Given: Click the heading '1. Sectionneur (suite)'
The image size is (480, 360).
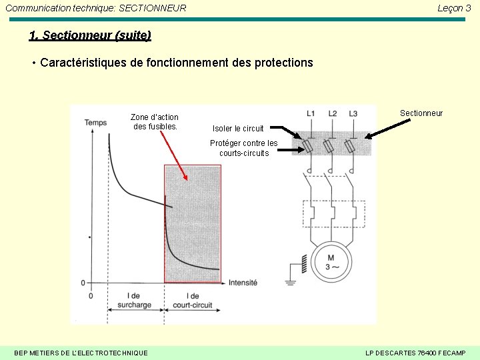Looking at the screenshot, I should coord(90,35).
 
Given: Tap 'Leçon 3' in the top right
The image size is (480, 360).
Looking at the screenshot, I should coord(454,8).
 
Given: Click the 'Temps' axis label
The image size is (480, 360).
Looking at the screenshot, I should coord(95,123).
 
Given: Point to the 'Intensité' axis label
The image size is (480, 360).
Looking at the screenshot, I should coord(243,283).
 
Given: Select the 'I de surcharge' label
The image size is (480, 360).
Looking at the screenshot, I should coord(133,301).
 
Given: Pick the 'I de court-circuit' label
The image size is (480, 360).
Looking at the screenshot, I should coord(192,301).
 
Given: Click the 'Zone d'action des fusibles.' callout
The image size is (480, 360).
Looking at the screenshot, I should coord(155,121).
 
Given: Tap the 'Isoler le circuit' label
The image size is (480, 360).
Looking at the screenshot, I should coord(238,129).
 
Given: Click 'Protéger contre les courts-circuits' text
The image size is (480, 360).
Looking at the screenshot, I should coord(243,148).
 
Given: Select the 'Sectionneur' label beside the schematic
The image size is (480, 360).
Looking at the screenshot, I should coord(421,113).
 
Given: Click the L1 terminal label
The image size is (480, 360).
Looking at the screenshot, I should coord(311,113).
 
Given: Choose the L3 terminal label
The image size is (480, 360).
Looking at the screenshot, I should coord(353,113).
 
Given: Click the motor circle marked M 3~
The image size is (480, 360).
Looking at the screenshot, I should coord(331,262).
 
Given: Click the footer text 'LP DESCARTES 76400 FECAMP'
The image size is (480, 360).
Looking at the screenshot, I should coord(415,353).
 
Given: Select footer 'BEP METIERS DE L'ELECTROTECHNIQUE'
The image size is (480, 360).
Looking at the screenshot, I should coord(81,353).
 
